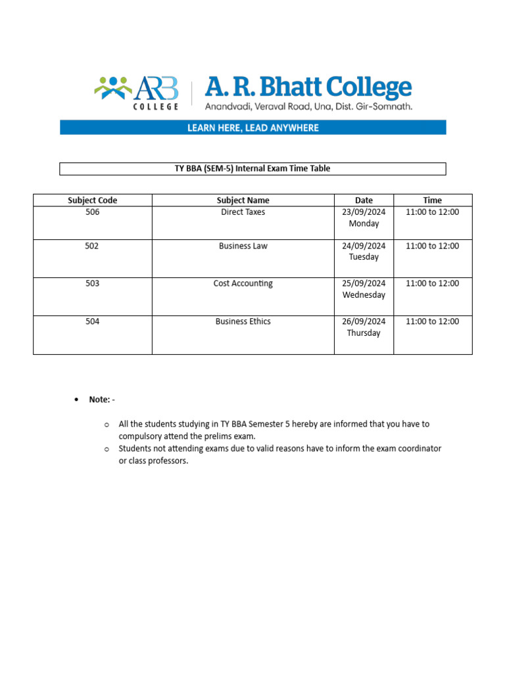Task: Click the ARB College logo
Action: [137, 91]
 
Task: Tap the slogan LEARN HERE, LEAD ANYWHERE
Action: [252, 128]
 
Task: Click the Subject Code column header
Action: [93, 200]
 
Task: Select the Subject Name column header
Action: [243, 200]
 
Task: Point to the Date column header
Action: [364, 200]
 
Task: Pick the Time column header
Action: [433, 200]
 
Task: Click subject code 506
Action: [93, 212]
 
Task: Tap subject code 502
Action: [93, 246]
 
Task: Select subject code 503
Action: [93, 283]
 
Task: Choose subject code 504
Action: [93, 321]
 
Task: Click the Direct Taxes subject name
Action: [243, 212]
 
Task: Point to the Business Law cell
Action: [243, 246]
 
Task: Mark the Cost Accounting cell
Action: [243, 283]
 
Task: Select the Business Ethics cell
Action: [243, 321]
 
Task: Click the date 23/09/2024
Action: [364, 212]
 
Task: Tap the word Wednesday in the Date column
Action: [364, 295]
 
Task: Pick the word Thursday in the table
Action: [364, 333]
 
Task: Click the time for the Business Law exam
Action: [433, 246]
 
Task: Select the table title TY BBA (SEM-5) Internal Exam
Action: [252, 169]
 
